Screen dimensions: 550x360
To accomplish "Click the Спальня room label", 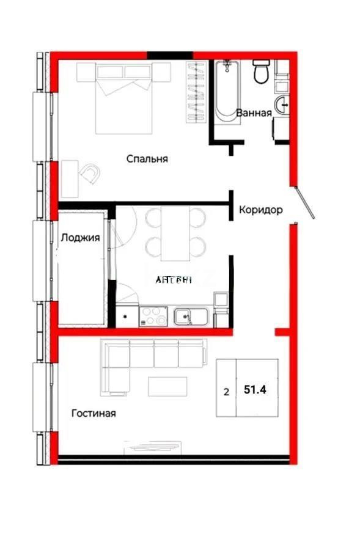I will pyautogui.click(x=147, y=159).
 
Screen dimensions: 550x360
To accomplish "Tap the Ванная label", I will pyautogui.click(x=253, y=112).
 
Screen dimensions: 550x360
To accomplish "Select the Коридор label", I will pyautogui.click(x=260, y=210).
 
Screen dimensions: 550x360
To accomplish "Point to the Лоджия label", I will pyautogui.click(x=80, y=238).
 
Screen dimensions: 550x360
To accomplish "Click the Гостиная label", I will pyautogui.click(x=94, y=413).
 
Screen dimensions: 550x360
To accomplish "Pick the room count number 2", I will pyautogui.click(x=226, y=392).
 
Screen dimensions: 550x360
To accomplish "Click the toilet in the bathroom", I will pyautogui.click(x=261, y=71).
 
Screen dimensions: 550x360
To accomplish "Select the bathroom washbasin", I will pyautogui.click(x=282, y=105).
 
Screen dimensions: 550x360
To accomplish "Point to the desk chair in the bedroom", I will pyautogui.click(x=90, y=174).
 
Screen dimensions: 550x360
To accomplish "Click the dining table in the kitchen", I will pyautogui.click(x=175, y=233).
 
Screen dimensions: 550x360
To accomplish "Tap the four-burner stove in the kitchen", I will pyautogui.click(x=154, y=317).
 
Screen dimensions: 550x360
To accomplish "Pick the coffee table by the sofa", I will pyautogui.click(x=167, y=386).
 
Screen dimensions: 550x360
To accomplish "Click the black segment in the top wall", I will pyautogui.click(x=169, y=56).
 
